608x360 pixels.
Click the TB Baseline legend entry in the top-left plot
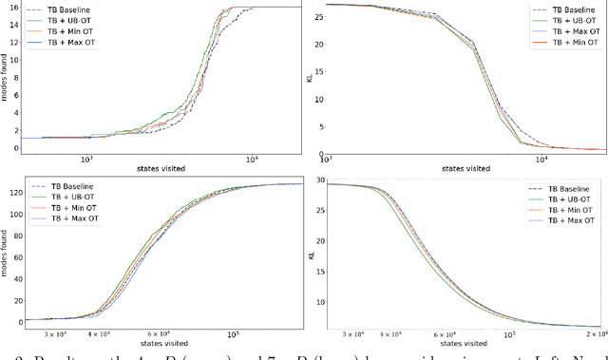(56, 7)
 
